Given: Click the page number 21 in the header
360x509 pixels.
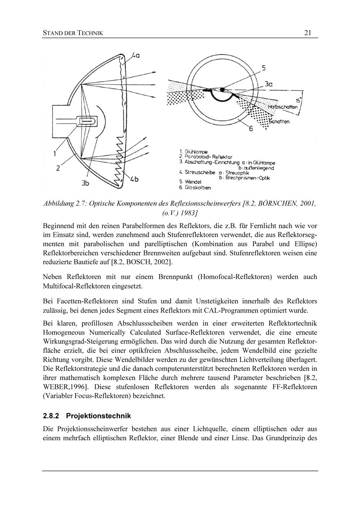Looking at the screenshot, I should pos(308,33).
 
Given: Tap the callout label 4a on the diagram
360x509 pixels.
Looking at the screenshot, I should pos(135,55).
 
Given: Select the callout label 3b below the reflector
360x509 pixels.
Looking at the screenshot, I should pos(85,183).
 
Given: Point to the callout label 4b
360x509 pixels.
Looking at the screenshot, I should pos(134,179).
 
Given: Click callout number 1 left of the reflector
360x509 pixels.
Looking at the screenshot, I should pos(55,154).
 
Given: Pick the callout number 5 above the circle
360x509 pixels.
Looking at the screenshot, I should pos(264,68).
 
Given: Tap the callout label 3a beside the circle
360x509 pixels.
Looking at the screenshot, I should pos(268,84).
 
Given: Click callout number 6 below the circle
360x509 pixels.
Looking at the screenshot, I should pos(251,128).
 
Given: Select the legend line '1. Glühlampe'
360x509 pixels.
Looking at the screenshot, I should pos(193,152).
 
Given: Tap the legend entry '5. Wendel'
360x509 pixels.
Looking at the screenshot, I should pos(191,182).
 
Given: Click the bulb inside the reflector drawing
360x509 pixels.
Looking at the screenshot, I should pos(87,122).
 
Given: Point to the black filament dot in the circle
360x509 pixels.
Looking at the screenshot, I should pos(222,89).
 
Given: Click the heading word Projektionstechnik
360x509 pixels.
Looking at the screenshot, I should pos(99,416).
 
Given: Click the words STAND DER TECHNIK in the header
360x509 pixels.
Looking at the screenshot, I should pos(73,33).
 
